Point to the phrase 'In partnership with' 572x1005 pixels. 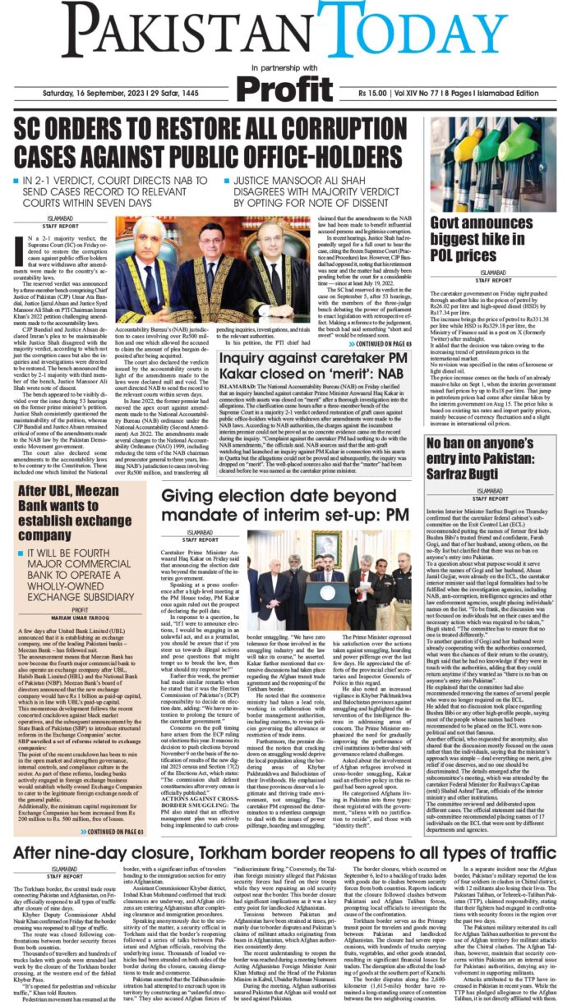coord(287,67)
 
